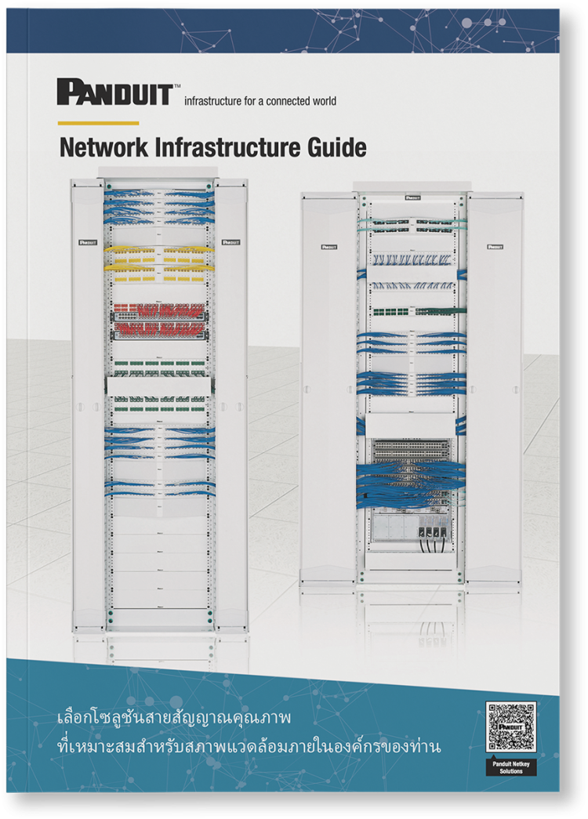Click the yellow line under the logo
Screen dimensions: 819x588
point(98,123)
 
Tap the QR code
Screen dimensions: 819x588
point(510,727)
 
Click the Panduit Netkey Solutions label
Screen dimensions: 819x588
point(510,766)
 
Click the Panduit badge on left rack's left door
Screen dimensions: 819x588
point(86,242)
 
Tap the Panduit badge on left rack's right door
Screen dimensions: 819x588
point(230,242)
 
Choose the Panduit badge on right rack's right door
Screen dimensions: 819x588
point(494,246)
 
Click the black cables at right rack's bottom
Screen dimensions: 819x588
point(429,541)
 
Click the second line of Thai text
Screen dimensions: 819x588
point(249,747)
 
